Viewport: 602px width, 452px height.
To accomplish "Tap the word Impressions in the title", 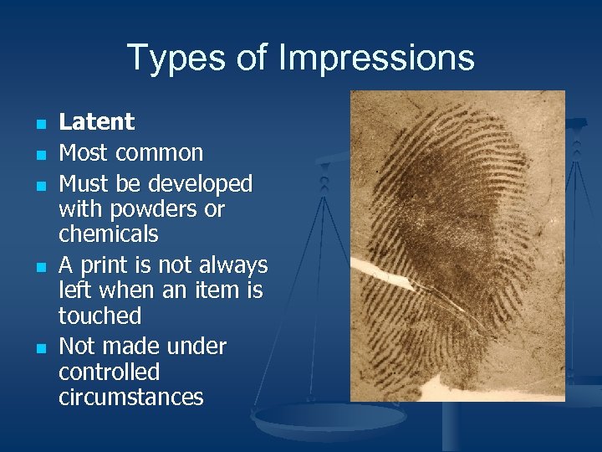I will coord(376,58).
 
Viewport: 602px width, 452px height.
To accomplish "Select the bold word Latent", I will coord(96,122).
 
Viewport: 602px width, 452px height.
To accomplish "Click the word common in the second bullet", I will coord(159,153).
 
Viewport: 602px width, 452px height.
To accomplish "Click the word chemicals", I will coord(108,234).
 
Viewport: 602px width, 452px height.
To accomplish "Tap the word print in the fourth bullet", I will coord(105,265).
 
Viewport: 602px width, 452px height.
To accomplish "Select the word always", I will coord(234,265).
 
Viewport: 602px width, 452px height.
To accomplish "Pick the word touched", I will coord(99,316).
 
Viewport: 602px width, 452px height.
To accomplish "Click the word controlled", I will coord(109,372).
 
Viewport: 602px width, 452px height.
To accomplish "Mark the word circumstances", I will coord(130,397).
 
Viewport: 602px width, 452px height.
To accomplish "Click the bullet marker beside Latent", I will coord(39,124).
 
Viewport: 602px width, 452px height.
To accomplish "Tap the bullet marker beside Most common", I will coord(39,154).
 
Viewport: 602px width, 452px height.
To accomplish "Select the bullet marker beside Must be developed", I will coord(39,184).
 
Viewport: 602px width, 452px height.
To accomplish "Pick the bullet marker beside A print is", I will coord(39,266).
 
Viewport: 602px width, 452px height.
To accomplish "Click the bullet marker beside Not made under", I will coord(39,347).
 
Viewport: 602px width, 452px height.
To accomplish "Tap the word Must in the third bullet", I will coord(84,183).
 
